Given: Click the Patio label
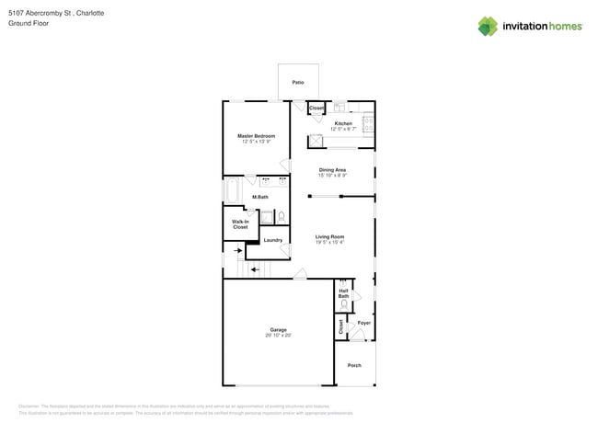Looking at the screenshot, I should [298, 83].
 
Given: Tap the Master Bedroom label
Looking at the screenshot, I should [258, 136].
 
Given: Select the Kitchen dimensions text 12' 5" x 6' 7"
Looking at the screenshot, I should [343, 129].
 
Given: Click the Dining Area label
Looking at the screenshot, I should [332, 169].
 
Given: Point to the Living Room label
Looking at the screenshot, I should [329, 236].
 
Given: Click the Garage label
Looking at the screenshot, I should [278, 329].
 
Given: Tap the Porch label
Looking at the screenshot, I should [354, 365].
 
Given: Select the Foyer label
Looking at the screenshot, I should [364, 323].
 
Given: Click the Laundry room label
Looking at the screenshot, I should [273, 240].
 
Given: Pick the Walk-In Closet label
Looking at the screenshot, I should [240, 224].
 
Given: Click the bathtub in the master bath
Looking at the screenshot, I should [232, 191].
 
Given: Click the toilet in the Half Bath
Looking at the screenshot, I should [344, 303].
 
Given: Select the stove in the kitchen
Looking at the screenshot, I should [368, 120].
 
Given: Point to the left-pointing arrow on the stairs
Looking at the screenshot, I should [255, 269].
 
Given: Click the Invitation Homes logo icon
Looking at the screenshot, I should [488, 26].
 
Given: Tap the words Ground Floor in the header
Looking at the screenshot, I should [28, 23].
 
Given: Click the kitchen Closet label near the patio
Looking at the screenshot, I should [316, 109].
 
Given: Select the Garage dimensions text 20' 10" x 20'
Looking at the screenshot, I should [278, 336].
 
